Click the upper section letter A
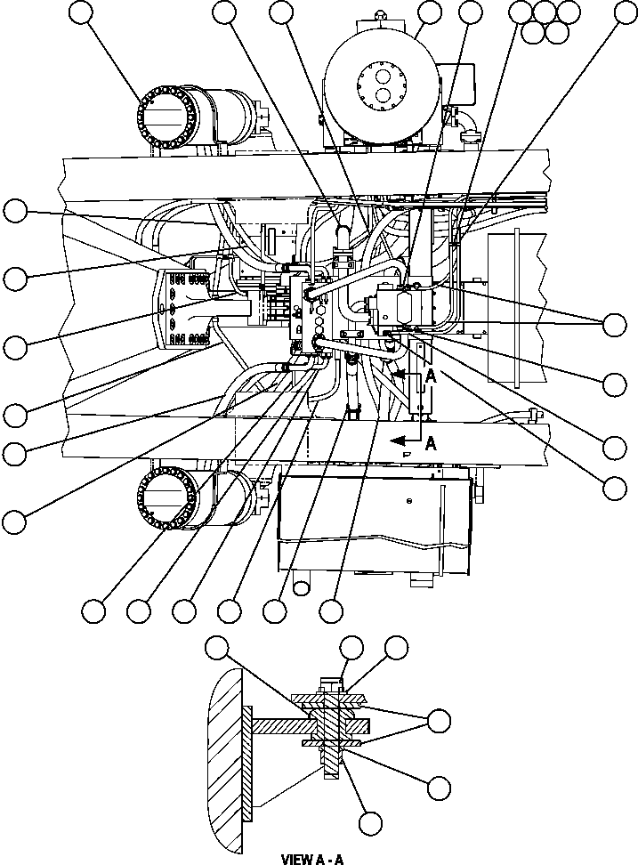[431, 376]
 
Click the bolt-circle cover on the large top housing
[382, 87]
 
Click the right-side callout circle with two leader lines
[615, 325]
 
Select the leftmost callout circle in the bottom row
[93, 610]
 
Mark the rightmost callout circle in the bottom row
[331, 610]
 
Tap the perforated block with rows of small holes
[183, 307]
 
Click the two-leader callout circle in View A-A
[438, 720]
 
